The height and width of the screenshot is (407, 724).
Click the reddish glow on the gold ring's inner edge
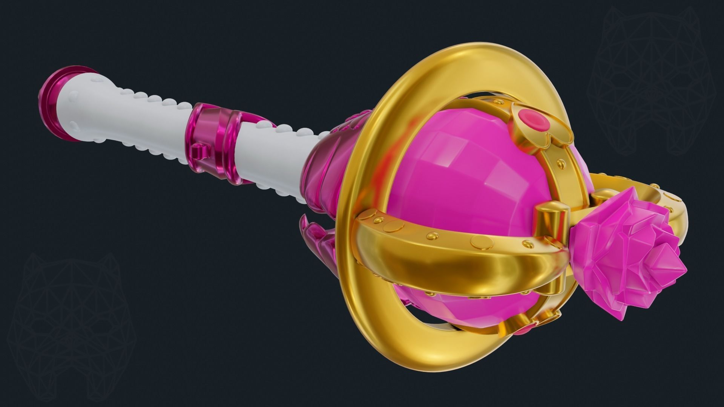(377, 158)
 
